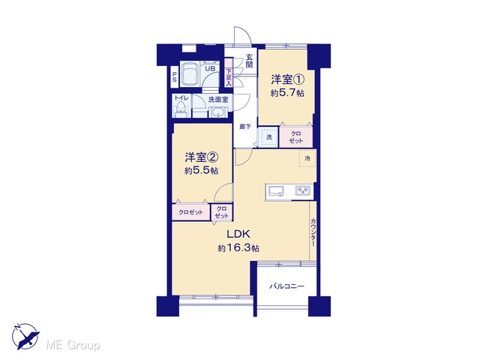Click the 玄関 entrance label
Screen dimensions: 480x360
(250, 61)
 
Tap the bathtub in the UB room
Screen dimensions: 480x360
(190, 73)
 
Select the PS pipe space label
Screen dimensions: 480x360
(175, 76)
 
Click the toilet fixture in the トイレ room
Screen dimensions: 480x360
(181, 110)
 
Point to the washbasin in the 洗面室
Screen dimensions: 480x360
(218, 112)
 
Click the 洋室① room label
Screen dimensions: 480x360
(287, 79)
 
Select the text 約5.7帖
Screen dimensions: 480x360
(287, 93)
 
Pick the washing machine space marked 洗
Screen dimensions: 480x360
(268, 136)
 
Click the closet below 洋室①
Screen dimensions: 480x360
(296, 136)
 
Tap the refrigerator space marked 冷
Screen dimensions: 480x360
(307, 158)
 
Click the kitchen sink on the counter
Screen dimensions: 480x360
(276, 191)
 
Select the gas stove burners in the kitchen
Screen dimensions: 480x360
(303, 190)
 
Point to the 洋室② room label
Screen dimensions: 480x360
(202, 157)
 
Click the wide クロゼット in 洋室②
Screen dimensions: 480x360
(190, 211)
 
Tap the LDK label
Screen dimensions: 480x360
(238, 234)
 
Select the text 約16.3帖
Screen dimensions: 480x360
(238, 247)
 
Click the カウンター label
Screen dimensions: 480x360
(313, 232)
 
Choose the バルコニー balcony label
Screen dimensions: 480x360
(286, 286)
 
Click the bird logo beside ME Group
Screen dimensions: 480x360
(25, 336)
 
